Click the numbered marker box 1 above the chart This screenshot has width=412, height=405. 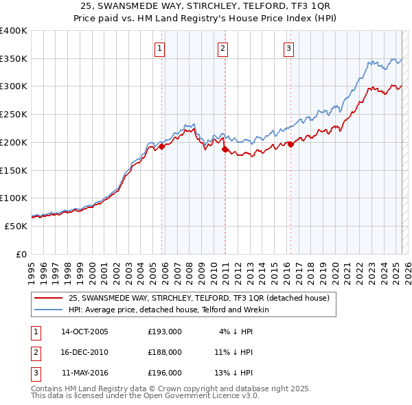point(159,48)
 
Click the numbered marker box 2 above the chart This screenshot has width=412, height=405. point(223,48)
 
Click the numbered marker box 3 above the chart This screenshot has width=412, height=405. point(288,48)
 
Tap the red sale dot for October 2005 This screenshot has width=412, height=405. point(162,146)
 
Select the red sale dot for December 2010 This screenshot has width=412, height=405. point(225,149)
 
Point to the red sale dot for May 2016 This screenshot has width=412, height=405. point(290,144)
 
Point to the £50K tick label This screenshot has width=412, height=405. point(15,226)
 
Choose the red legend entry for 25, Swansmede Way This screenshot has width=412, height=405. point(199,298)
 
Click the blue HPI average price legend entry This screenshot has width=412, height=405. point(169,310)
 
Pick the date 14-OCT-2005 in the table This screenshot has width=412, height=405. point(84,332)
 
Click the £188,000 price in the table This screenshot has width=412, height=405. point(165,352)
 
